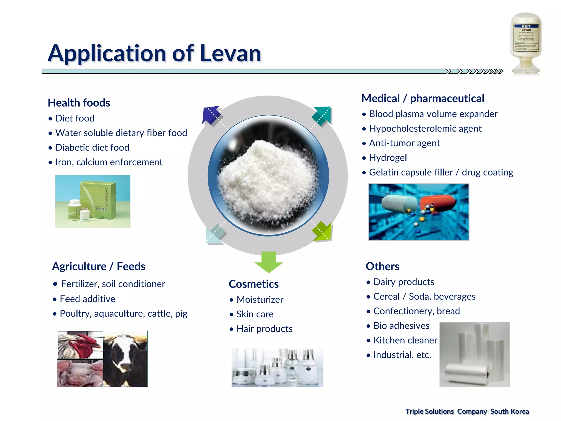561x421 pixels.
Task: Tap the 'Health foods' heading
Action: (x=79, y=103)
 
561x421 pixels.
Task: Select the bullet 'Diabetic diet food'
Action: (x=92, y=147)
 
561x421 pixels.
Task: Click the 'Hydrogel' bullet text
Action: (x=388, y=158)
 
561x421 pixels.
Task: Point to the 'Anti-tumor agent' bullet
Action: (x=404, y=143)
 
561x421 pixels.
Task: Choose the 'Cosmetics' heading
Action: (x=254, y=284)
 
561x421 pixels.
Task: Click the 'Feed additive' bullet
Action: (x=87, y=299)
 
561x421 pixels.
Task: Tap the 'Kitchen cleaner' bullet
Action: (x=405, y=340)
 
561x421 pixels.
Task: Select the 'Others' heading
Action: (x=382, y=266)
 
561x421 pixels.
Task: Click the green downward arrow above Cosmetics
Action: (x=268, y=262)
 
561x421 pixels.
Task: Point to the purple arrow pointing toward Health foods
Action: (x=211, y=115)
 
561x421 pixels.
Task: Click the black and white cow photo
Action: (x=125, y=359)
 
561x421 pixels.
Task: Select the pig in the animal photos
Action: (x=79, y=373)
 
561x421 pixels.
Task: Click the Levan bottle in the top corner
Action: (x=526, y=44)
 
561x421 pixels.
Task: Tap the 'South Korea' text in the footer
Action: (x=510, y=411)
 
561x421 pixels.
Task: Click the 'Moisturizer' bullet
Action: (x=260, y=300)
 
